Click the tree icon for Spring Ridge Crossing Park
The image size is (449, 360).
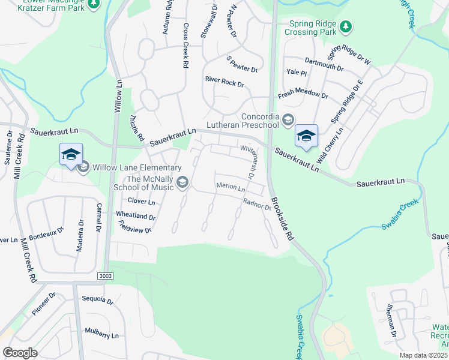[x=345, y=26]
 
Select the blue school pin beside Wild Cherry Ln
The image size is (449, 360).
[x=306, y=136]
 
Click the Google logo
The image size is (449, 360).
[x=20, y=353]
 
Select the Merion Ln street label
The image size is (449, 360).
[x=231, y=188]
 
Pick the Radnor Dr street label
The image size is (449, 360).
[x=257, y=205]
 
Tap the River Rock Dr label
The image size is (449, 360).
[x=224, y=81]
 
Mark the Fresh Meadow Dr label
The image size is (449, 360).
[x=303, y=95]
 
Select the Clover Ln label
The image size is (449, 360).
[x=142, y=202]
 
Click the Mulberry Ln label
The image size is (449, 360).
[x=101, y=333]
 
